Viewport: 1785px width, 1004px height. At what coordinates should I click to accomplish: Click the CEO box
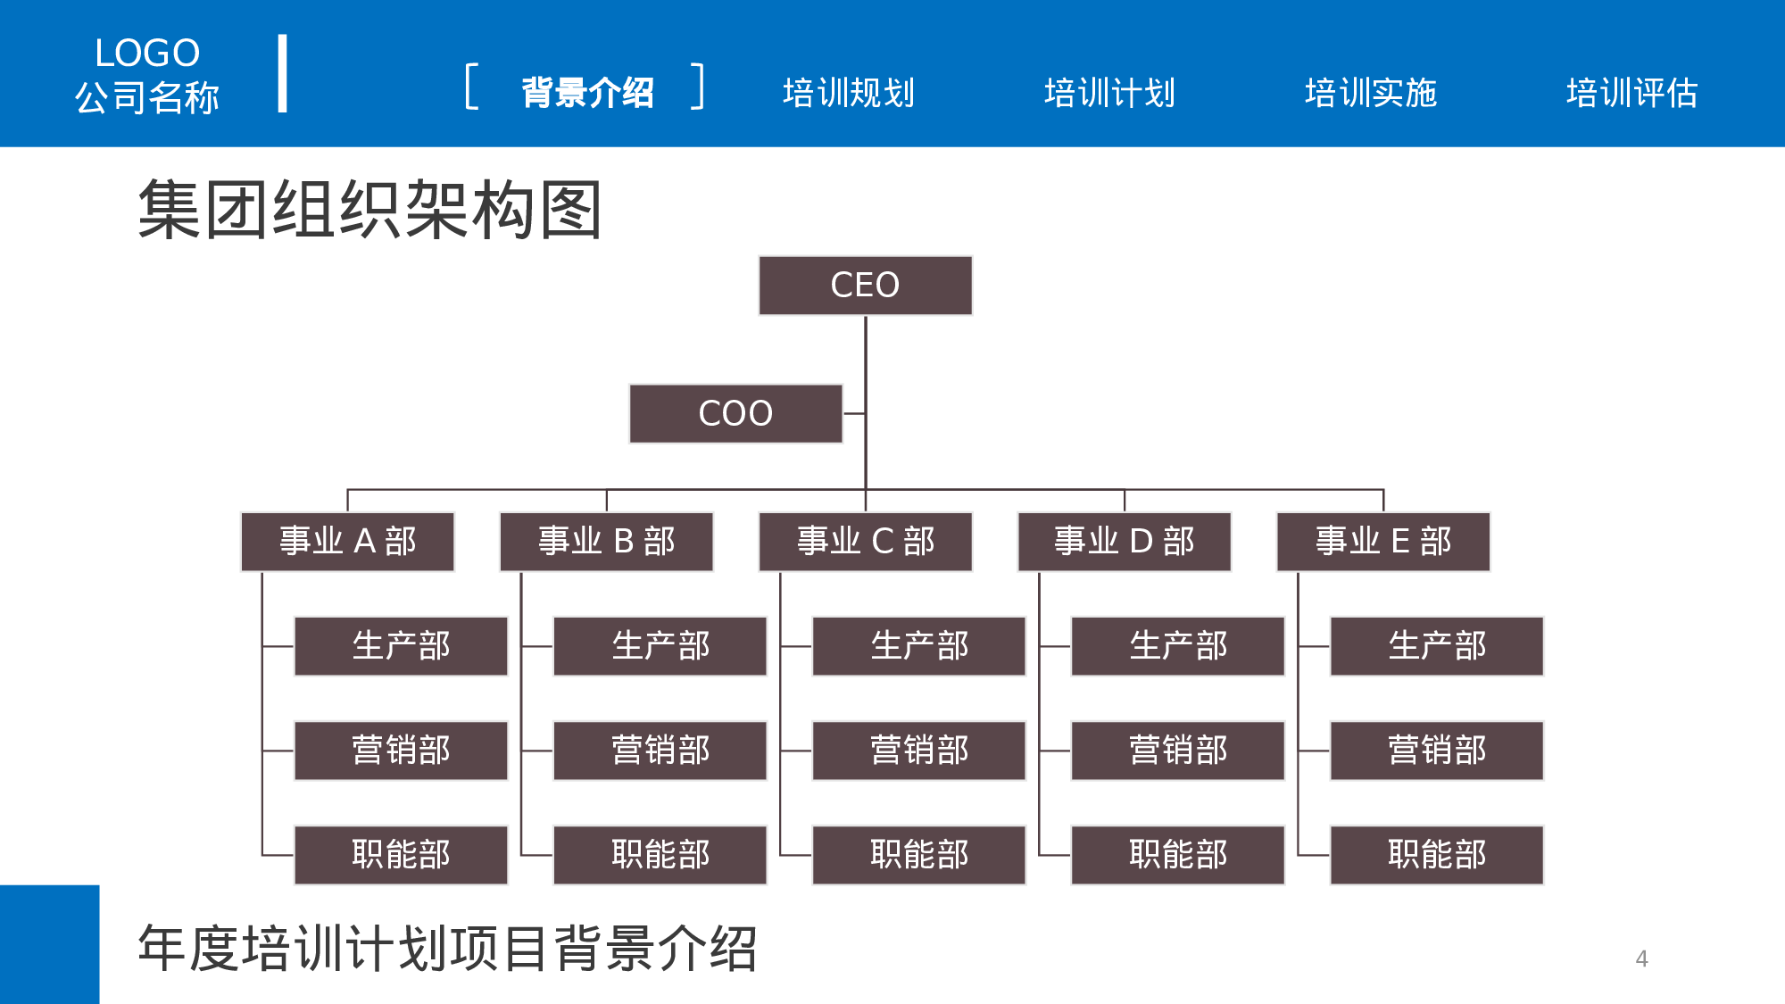click(865, 286)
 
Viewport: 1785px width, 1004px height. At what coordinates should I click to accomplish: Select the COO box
click(735, 413)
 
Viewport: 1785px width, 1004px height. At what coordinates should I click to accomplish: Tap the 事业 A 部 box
click(347, 541)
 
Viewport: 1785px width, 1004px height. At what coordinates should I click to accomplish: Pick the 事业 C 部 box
click(865, 541)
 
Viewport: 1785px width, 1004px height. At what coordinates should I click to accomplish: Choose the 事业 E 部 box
click(1382, 541)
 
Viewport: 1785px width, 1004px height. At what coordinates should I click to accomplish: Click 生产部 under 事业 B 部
click(660, 645)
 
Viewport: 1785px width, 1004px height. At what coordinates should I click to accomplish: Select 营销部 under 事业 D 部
click(1177, 750)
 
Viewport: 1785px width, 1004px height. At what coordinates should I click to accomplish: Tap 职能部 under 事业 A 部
click(401, 854)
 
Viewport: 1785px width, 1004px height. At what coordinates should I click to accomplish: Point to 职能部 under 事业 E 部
click(1436, 854)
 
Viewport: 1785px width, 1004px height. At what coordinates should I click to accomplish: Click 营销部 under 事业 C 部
click(918, 750)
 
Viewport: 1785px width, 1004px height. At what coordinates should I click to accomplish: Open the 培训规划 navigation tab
click(848, 93)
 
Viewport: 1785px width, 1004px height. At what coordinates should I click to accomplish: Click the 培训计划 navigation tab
click(1109, 93)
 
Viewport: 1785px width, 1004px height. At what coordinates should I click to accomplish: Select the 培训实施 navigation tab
click(1371, 93)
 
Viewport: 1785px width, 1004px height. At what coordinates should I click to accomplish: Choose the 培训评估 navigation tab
click(1631, 93)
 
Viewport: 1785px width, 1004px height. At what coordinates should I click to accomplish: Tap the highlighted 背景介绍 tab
click(587, 93)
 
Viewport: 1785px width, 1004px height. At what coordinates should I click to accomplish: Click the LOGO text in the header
click(147, 54)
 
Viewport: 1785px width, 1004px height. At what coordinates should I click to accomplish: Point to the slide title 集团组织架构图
click(369, 210)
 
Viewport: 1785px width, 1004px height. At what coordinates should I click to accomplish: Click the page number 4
click(1641, 958)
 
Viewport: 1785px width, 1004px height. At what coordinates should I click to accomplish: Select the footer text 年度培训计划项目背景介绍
click(447, 948)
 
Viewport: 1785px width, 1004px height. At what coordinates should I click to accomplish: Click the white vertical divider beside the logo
click(282, 73)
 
